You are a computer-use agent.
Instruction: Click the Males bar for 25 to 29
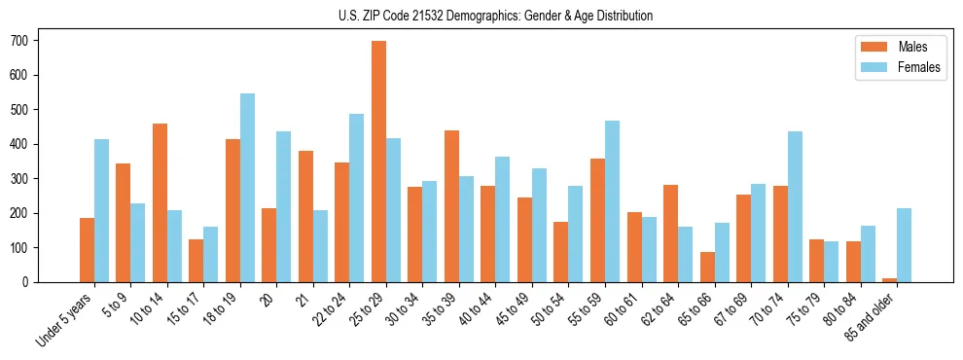click(x=378, y=162)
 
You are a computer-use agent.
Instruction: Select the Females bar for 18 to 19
click(x=247, y=188)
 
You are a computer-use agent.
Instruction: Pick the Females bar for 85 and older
click(x=904, y=245)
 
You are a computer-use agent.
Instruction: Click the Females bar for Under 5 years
click(x=101, y=210)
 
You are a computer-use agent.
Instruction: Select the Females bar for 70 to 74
click(x=795, y=206)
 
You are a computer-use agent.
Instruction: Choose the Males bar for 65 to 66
click(x=707, y=267)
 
